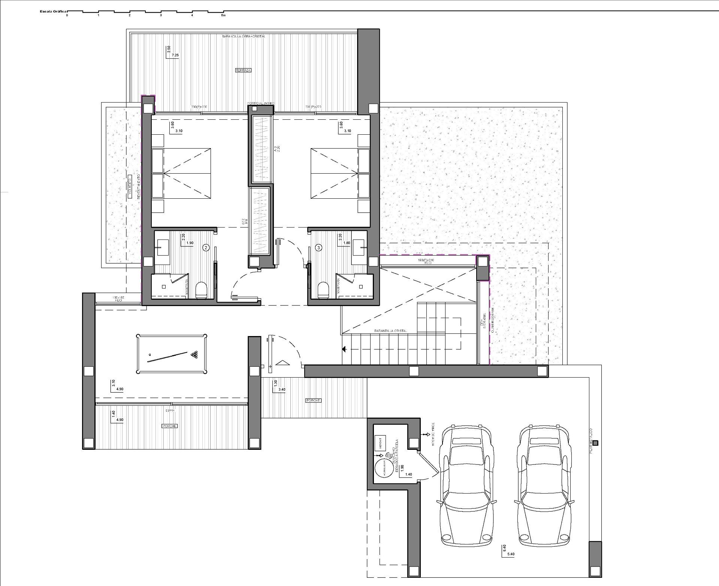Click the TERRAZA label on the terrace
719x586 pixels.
click(243, 70)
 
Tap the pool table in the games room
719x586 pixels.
click(172, 354)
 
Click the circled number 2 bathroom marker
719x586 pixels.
click(205, 247)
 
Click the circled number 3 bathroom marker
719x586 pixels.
click(318, 247)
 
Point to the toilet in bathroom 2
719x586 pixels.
click(201, 290)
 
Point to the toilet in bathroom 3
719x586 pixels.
click(323, 290)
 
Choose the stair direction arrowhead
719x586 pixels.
click(344, 350)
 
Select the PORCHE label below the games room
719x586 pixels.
click(169, 426)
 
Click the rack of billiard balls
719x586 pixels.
click(194, 354)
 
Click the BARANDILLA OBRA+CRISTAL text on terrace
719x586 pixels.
click(243, 36)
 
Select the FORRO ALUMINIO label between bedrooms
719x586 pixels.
click(261, 103)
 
